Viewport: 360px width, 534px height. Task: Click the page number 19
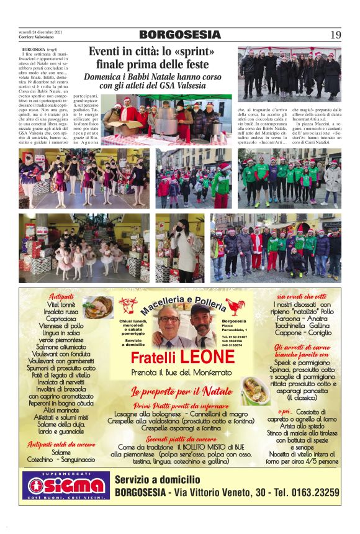point(335,35)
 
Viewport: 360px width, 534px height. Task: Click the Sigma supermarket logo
point(66,486)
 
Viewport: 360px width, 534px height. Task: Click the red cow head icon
point(128,305)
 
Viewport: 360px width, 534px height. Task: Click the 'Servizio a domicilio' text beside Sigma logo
point(158,479)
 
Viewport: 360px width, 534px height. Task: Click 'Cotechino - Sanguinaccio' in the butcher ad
point(61,459)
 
